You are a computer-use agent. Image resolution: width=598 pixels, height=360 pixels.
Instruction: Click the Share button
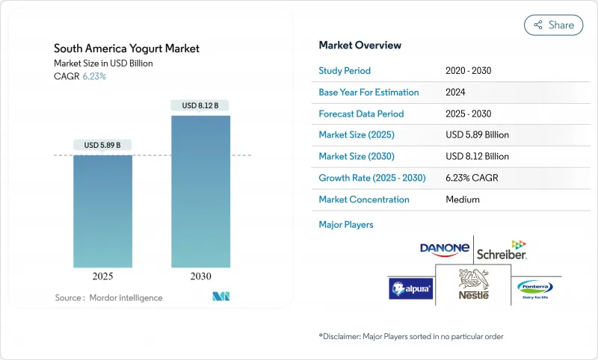pyautogui.click(x=553, y=25)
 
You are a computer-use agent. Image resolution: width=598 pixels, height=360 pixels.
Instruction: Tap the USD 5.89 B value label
pyautogui.click(x=102, y=144)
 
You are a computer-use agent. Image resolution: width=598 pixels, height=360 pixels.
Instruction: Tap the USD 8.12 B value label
pyautogui.click(x=200, y=105)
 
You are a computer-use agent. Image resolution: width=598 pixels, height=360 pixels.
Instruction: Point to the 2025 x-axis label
pyautogui.click(x=102, y=276)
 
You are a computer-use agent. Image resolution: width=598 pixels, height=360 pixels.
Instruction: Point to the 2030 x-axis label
pyautogui.click(x=200, y=276)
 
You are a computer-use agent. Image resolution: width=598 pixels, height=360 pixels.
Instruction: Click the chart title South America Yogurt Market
pyautogui.click(x=127, y=49)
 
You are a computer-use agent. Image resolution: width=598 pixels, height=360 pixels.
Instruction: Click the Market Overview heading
pyautogui.click(x=360, y=46)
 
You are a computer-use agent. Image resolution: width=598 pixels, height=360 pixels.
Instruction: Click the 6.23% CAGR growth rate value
pyautogui.click(x=472, y=179)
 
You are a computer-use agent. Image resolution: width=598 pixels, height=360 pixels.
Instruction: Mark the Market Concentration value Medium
pyautogui.click(x=463, y=199)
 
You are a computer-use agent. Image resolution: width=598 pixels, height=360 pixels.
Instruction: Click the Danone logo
pyautogui.click(x=445, y=249)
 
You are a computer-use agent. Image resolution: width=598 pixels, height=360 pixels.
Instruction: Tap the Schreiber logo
pyautogui.click(x=502, y=250)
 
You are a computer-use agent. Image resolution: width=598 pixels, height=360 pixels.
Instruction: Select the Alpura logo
pyautogui.click(x=410, y=288)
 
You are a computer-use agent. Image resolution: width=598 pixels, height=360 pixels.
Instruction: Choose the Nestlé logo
pyautogui.click(x=474, y=285)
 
